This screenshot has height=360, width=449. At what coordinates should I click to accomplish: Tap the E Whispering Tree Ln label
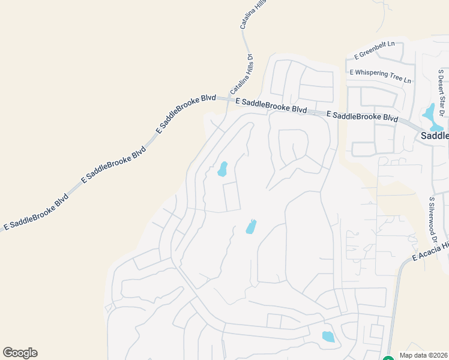coord(381,76)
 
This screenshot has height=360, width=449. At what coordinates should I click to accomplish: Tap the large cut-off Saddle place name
coord(434,136)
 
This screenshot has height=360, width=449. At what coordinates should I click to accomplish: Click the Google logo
coord(20,353)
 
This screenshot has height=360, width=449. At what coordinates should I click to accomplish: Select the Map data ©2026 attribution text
coord(424,355)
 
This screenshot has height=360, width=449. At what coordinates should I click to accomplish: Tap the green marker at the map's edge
coord(388,358)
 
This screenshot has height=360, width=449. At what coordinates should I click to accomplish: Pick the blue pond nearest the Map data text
coord(328,337)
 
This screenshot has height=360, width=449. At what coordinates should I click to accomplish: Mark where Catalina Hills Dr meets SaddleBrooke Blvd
coord(228,98)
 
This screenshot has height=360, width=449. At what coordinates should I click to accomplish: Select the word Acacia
coord(434,249)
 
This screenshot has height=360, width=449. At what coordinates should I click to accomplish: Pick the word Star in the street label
coord(442,91)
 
